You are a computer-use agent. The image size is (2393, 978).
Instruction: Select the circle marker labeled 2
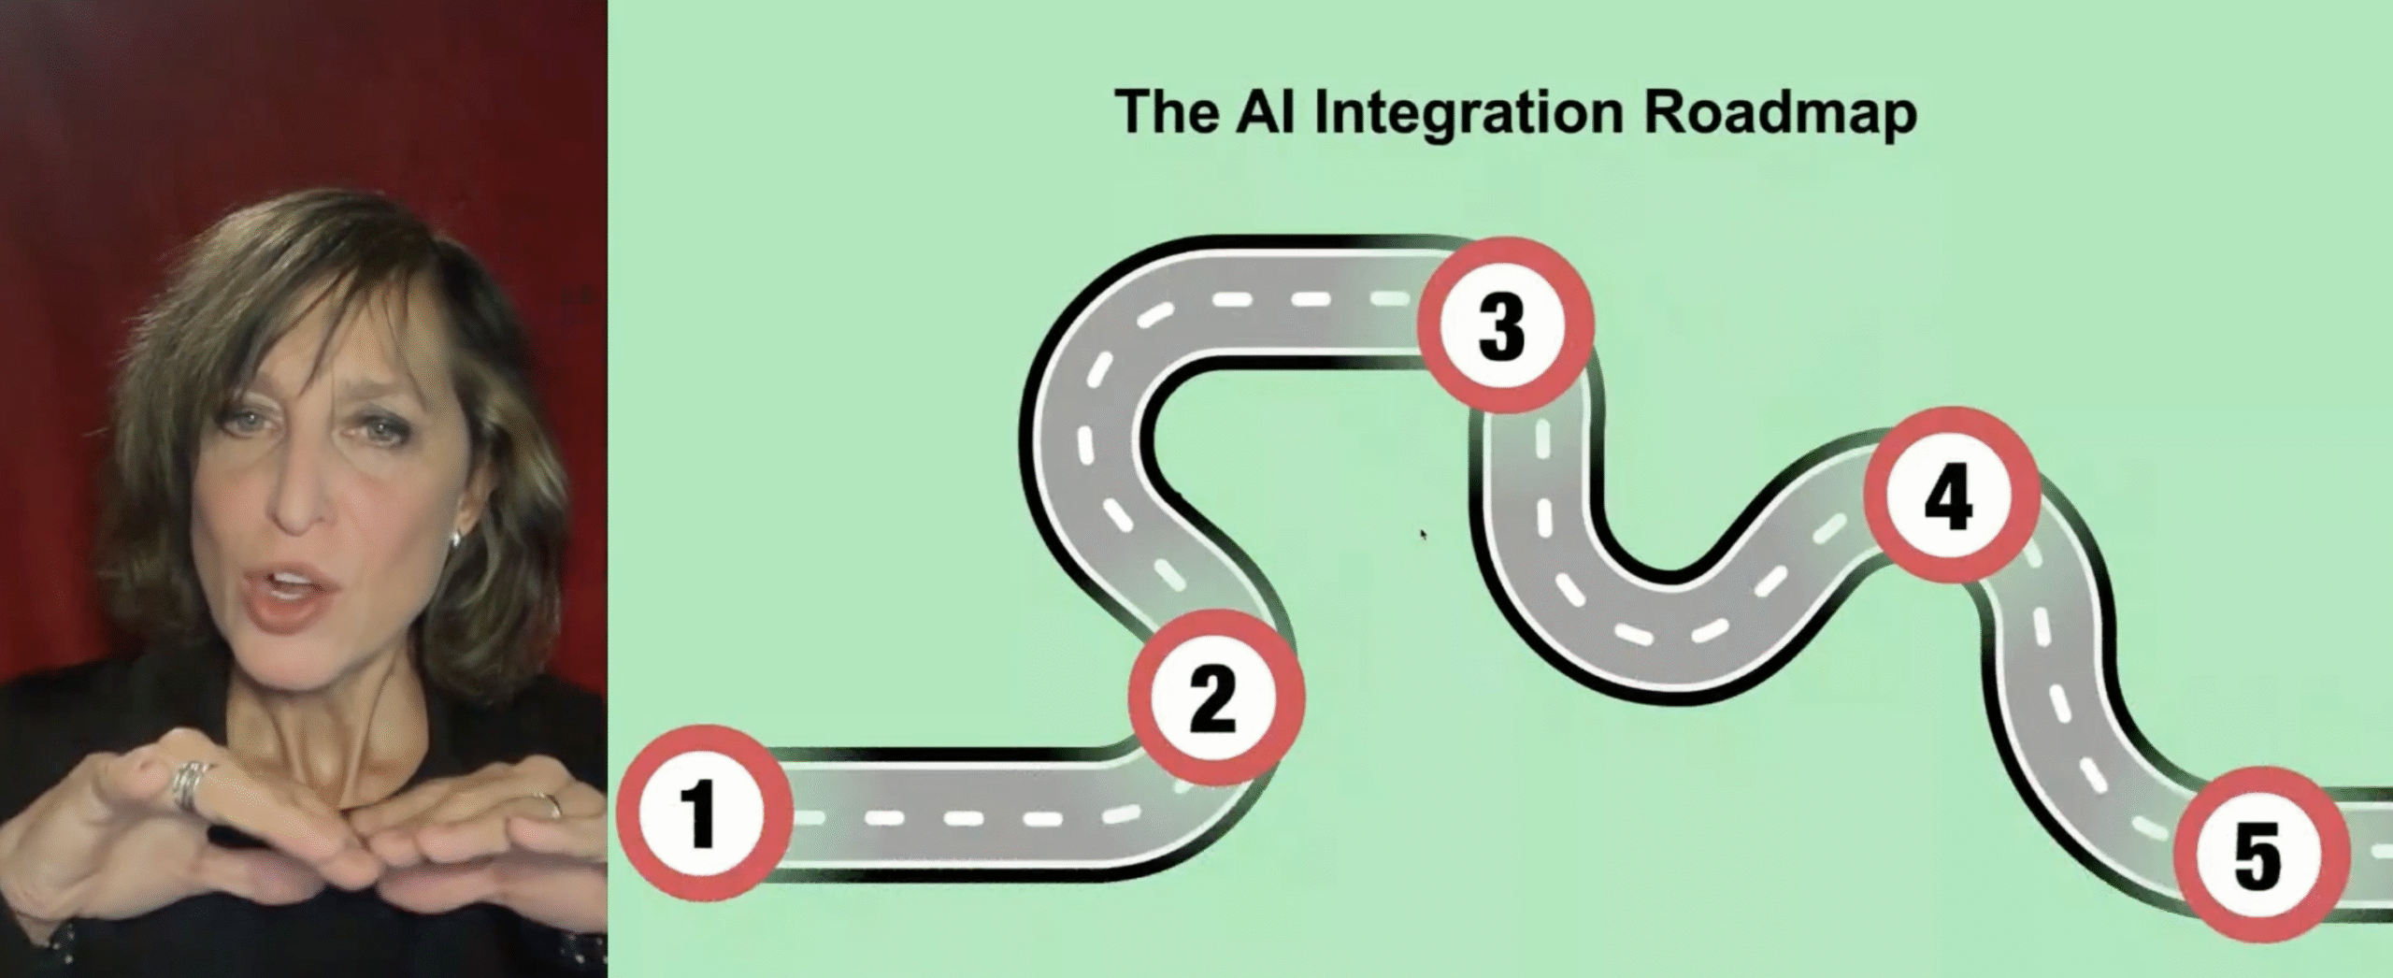pyautogui.click(x=1214, y=698)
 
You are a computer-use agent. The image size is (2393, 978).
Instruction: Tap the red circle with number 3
pyautogui.click(x=1503, y=325)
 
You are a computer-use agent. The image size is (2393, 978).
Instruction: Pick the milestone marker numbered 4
pyautogui.click(x=1951, y=496)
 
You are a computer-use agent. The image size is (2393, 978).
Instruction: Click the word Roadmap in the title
pyautogui.click(x=1780, y=113)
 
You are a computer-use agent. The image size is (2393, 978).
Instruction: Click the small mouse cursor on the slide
pyautogui.click(x=1424, y=534)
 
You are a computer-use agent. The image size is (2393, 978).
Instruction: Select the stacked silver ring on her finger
pyautogui.click(x=190, y=784)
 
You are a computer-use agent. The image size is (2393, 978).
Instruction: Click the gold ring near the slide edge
pyautogui.click(x=550, y=804)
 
